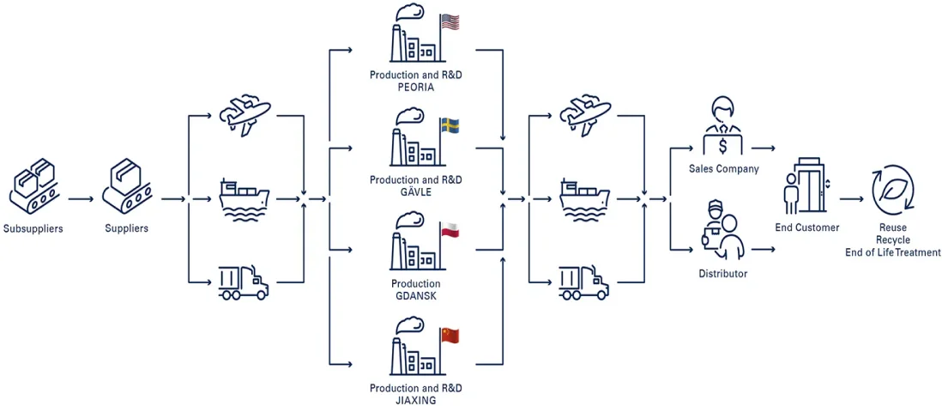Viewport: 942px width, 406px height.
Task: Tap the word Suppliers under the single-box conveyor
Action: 126,228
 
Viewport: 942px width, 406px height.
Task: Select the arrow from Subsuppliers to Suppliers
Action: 81,198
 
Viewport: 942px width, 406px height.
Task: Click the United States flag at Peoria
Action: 450,22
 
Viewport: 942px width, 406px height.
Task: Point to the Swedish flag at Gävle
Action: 450,125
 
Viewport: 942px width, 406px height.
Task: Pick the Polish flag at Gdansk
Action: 450,229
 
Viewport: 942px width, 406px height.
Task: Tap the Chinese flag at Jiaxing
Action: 450,335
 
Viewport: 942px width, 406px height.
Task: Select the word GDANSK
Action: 416,294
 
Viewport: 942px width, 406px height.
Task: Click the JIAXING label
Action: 416,399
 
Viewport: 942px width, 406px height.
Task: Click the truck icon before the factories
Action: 244,282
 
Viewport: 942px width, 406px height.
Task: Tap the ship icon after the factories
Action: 584,200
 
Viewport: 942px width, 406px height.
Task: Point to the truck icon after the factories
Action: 584,282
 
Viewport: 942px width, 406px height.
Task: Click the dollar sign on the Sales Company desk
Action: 723,146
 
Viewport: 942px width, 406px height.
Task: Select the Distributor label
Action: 723,275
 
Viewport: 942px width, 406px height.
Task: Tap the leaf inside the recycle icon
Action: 893,190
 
